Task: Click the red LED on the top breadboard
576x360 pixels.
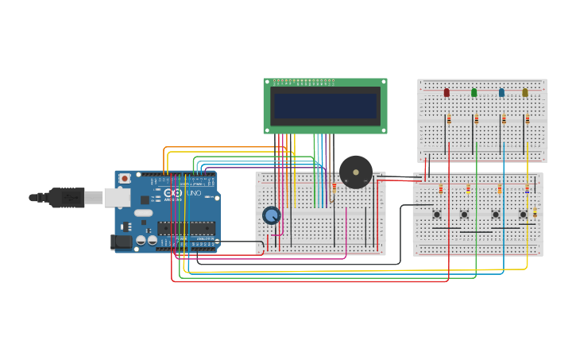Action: pos(446,93)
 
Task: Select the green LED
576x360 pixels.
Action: pos(474,93)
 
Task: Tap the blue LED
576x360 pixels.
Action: pos(501,93)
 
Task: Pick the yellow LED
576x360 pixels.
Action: pos(525,93)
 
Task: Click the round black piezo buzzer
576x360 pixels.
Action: pos(355,172)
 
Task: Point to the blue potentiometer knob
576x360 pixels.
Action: pos(271,215)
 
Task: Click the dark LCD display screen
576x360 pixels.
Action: pos(325,106)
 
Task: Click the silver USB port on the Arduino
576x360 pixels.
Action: pos(118,197)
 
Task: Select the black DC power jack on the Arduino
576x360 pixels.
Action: pos(122,242)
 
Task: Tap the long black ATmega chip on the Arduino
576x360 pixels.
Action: pos(186,229)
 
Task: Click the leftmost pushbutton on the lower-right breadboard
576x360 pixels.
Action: pos(437,214)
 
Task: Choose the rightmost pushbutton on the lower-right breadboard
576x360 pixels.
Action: pos(523,214)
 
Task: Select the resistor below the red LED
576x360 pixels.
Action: pos(449,120)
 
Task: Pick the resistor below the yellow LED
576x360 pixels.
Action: pos(527,120)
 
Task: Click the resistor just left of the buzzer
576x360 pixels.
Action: pos(334,188)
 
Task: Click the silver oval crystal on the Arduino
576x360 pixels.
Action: pos(143,213)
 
